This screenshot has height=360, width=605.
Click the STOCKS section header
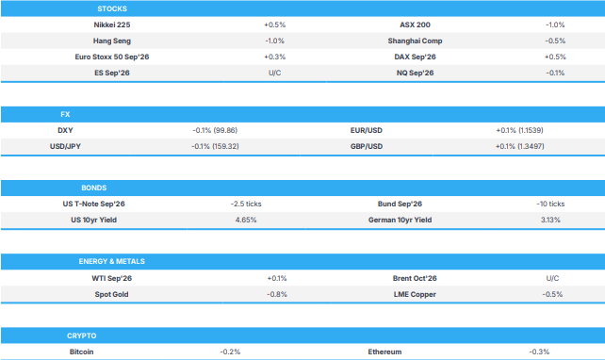coord(112,8)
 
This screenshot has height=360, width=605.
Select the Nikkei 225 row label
coord(112,25)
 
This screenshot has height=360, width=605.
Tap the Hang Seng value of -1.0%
coord(275,41)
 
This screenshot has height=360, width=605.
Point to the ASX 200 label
coord(415,25)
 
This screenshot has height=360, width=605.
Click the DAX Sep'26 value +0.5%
coord(555,57)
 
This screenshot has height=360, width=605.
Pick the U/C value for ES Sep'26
coord(275,73)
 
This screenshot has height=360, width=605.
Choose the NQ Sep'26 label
coord(415,73)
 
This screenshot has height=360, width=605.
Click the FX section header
coord(65,115)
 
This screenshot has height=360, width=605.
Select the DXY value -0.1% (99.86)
coord(215,130)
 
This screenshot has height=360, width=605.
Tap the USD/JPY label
coord(65,147)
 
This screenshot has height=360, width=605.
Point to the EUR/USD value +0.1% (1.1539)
coord(519,130)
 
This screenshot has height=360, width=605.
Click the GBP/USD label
coord(367,147)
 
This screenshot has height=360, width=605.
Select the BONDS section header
coord(93,188)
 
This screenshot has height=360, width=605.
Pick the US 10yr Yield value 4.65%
coord(246,220)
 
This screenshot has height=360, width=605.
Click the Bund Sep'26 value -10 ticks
coord(550,204)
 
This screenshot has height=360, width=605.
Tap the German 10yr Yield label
coord(400,220)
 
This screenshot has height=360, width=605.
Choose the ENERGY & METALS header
coord(112,262)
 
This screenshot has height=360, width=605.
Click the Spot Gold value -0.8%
coord(277,294)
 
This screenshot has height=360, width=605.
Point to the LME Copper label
coord(415,294)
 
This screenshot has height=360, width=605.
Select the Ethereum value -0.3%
coord(539,352)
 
